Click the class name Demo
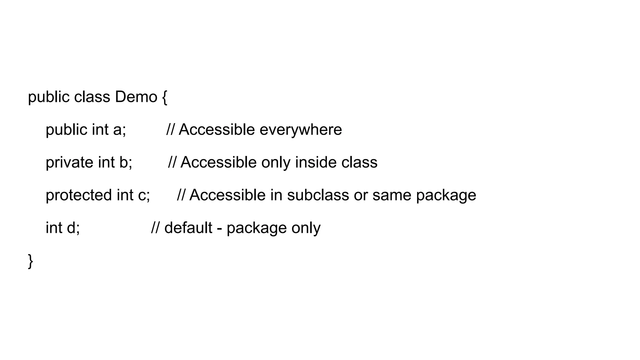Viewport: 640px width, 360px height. [136, 97]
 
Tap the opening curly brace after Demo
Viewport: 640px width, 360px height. [165, 97]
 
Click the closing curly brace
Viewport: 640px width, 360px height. [30, 261]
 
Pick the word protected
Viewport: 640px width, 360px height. [79, 195]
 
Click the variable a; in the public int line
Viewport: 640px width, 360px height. [119, 130]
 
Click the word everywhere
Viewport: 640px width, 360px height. [301, 130]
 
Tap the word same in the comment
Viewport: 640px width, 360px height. [392, 195]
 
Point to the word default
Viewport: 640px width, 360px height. [188, 228]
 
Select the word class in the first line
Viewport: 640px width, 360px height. [92, 97]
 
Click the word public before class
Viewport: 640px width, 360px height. [48, 97]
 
